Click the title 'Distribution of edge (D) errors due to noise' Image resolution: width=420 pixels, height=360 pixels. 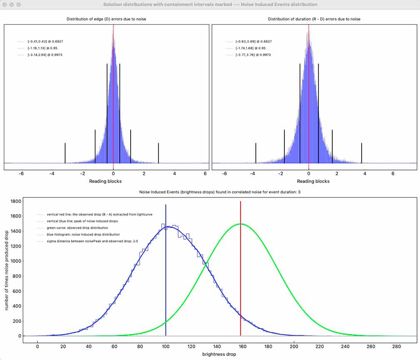[x=107, y=19]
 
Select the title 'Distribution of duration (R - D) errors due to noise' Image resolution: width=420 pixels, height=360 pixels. [x=314, y=19]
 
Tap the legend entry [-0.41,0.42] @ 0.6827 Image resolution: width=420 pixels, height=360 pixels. [x=45, y=42]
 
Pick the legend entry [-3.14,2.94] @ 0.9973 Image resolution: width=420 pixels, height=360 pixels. [x=45, y=55]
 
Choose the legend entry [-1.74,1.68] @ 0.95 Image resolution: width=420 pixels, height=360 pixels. [x=251, y=48]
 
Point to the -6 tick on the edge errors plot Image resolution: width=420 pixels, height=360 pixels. [x=21, y=174]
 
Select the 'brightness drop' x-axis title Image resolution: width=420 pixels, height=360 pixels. [x=219, y=354]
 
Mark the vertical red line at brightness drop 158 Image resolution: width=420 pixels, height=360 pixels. [x=241, y=271]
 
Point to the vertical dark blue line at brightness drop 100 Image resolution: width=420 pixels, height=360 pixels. [x=166, y=271]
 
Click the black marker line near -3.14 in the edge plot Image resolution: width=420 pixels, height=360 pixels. [x=65, y=153]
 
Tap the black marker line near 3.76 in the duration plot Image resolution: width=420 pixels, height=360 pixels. [x=362, y=153]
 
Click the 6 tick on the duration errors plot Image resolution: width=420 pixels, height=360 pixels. [x=393, y=174]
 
